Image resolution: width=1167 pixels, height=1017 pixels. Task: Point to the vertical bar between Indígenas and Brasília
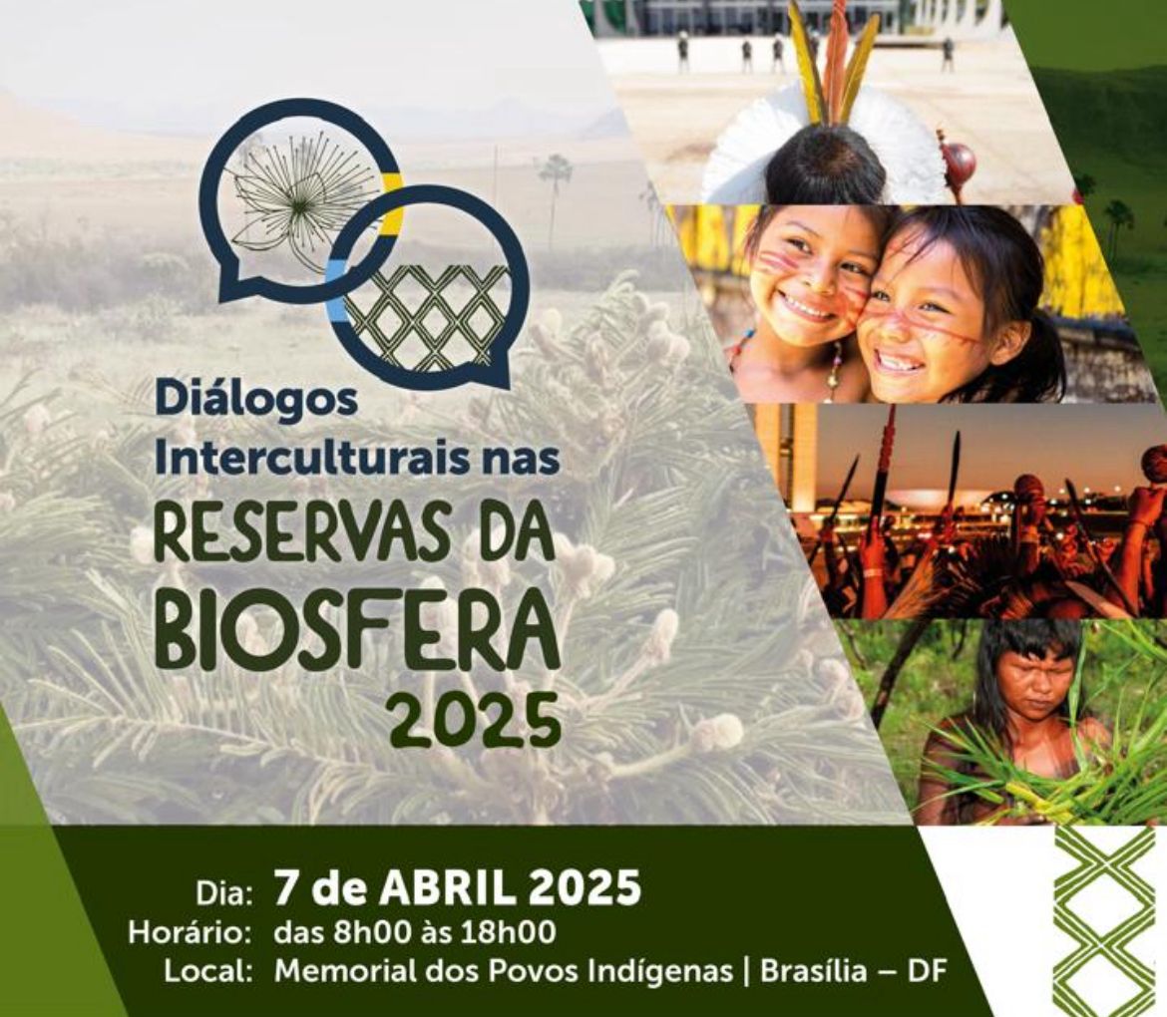point(746,972)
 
